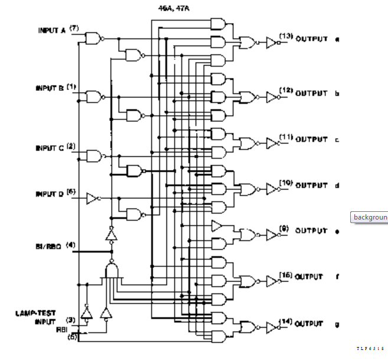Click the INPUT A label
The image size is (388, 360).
coord(51,31)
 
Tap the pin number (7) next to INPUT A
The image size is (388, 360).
coord(74,28)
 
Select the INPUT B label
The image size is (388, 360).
coord(49,88)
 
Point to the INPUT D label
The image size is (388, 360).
coord(49,194)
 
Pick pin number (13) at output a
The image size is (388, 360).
coord(286,37)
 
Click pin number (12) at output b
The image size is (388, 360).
coord(286,90)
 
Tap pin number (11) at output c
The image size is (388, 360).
coord(286,137)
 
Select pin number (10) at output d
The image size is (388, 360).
coord(286,183)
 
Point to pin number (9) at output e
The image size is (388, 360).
coord(285,228)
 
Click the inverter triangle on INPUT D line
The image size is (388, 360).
coord(93,198)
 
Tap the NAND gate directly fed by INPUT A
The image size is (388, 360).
coord(93,39)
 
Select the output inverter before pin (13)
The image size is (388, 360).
coord(270,42)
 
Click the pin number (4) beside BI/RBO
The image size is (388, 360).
coord(71,244)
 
